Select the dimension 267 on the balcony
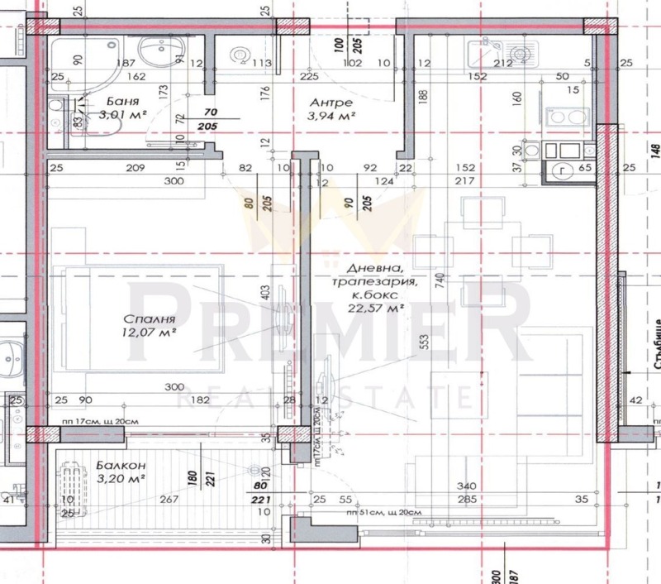[169, 499]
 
